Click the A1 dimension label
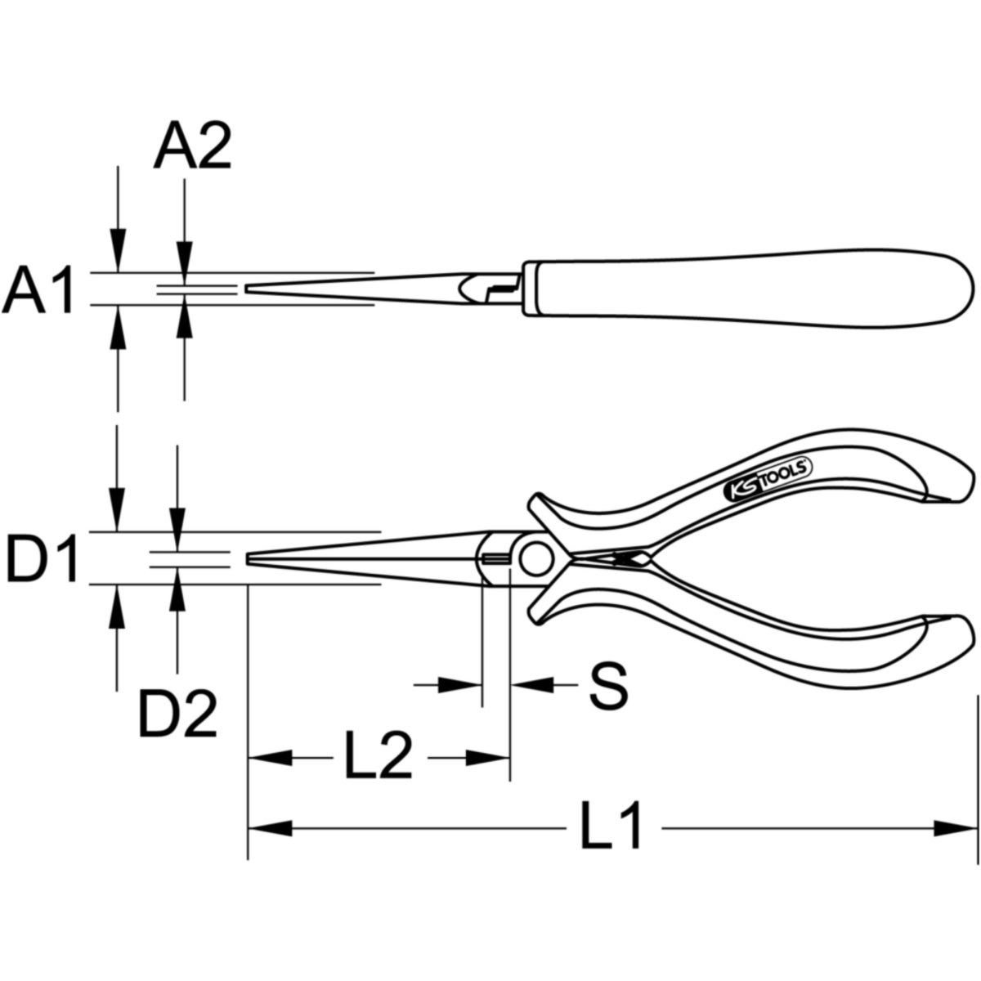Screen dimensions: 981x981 tap(38, 289)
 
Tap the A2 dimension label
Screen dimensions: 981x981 tap(193, 146)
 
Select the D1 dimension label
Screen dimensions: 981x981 tap(42, 558)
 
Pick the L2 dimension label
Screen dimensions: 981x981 tap(379, 769)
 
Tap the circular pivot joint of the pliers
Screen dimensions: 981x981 tap(537, 559)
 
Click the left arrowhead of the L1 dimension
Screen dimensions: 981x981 tap(270, 828)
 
